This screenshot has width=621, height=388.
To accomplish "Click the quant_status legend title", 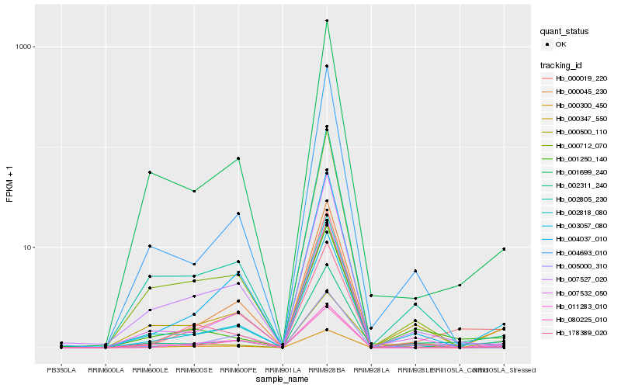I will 565,32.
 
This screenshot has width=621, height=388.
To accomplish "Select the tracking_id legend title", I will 563,64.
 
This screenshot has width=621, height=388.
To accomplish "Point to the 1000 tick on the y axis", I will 24,47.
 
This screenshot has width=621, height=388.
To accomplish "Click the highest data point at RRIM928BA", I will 327,21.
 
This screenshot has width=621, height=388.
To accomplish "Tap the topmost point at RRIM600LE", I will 150,172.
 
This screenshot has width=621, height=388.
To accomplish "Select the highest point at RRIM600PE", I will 238,158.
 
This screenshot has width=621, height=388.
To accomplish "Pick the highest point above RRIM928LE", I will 415,271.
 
